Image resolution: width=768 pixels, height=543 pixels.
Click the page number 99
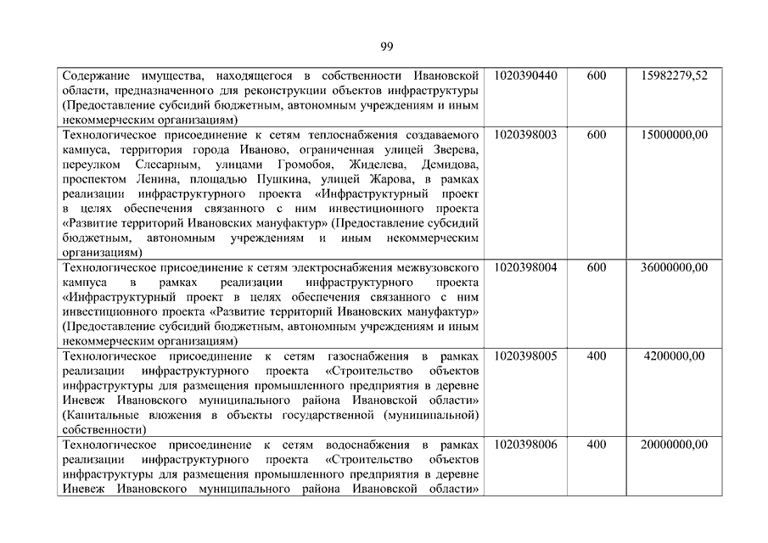(386, 46)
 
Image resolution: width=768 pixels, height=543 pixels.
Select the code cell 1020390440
(524, 76)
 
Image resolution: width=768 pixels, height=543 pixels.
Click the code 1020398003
(524, 134)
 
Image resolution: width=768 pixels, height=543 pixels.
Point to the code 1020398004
(524, 267)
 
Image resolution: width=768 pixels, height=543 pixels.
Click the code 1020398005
(524, 356)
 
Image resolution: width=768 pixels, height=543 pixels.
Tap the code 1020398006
(524, 445)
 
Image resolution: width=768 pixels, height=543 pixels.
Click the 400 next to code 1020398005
(596, 356)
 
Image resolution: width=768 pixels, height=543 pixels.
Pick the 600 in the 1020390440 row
(596, 76)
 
